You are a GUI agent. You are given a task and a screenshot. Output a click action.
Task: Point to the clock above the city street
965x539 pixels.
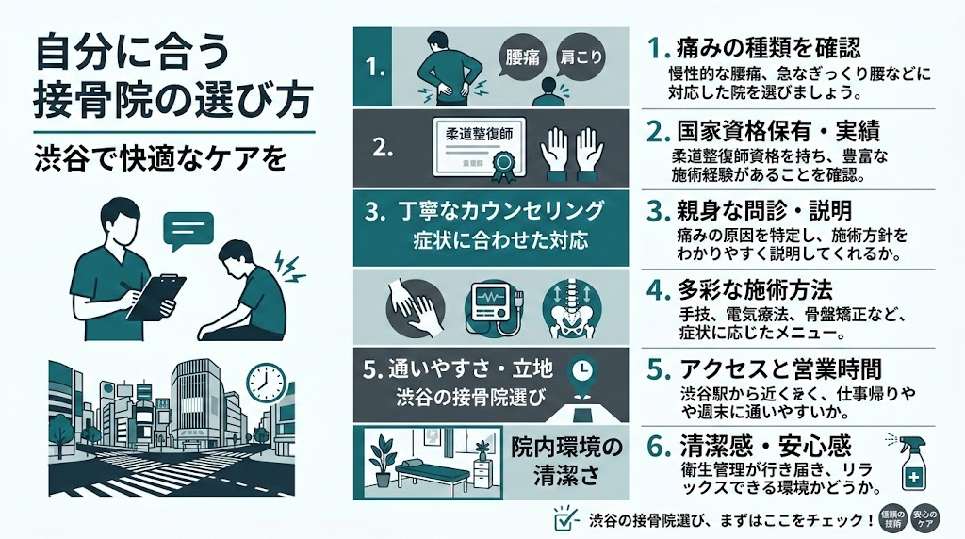point(265,381)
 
